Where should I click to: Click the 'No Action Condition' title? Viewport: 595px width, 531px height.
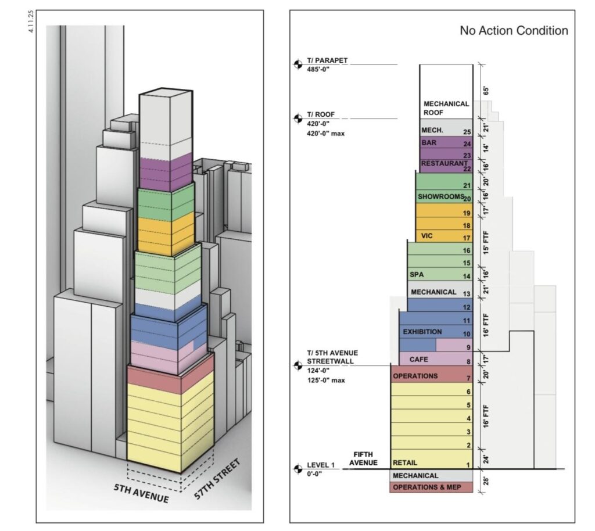[x=514, y=30]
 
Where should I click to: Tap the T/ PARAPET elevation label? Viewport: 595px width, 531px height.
[x=327, y=60]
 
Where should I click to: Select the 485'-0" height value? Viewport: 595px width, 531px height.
[x=318, y=69]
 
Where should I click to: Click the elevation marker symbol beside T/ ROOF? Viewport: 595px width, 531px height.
[x=298, y=119]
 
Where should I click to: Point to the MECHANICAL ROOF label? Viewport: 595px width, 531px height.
[x=446, y=108]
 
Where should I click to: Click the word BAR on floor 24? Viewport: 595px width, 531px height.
[x=429, y=142]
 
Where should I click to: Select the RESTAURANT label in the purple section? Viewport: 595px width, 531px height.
[x=444, y=163]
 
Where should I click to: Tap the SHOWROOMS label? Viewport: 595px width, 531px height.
[x=441, y=196]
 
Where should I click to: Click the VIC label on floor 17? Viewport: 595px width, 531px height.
[x=426, y=236]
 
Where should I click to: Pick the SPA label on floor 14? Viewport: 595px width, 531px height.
[x=417, y=275]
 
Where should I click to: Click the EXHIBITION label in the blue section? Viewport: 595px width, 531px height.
[x=422, y=332]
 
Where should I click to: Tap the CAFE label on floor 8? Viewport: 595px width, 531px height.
[x=418, y=359]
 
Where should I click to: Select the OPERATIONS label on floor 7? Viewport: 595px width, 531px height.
[x=415, y=376]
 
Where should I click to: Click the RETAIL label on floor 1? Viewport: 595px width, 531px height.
[x=405, y=462]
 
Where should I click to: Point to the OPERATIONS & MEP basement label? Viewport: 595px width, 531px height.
[x=427, y=487]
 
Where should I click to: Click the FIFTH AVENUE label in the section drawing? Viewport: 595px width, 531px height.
[x=363, y=458]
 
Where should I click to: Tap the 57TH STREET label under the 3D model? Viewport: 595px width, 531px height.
[x=217, y=479]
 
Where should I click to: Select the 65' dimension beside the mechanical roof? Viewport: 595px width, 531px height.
[x=486, y=91]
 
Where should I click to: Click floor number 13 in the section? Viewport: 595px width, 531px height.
[x=467, y=293]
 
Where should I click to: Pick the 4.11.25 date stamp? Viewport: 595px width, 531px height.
[x=31, y=21]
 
